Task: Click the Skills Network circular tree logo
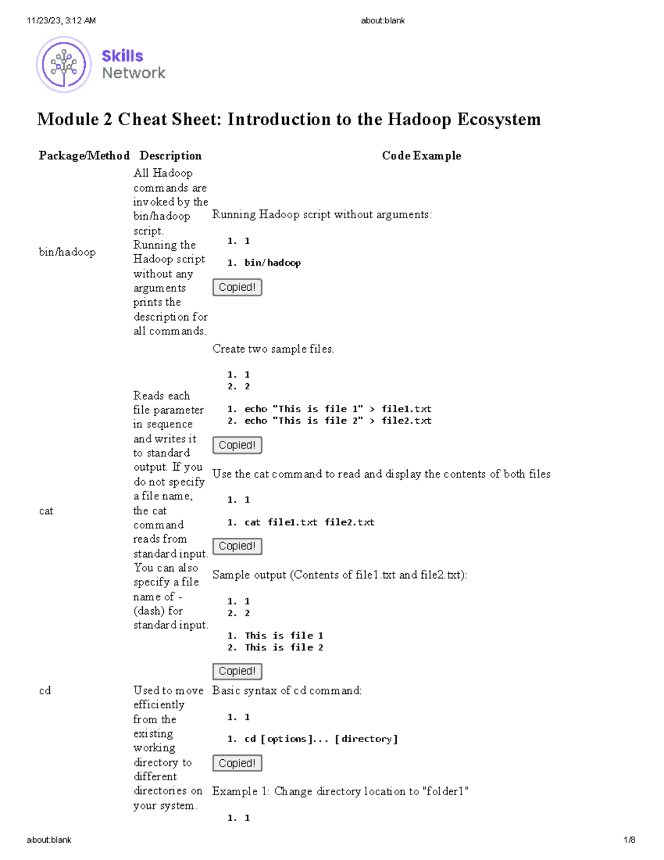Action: (64, 64)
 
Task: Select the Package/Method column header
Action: (84, 156)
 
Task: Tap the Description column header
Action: (170, 156)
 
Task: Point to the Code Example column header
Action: (421, 156)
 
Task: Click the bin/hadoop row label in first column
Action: (67, 252)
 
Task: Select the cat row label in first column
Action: (46, 511)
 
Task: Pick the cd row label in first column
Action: (45, 691)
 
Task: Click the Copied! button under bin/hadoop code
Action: (237, 287)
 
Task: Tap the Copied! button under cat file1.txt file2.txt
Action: (237, 546)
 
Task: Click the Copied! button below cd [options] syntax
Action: (237, 763)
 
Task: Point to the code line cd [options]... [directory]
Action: (321, 739)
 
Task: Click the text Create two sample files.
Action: (273, 349)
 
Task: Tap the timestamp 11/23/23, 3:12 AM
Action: (61, 20)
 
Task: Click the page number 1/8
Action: (629, 840)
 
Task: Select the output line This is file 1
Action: (284, 636)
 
